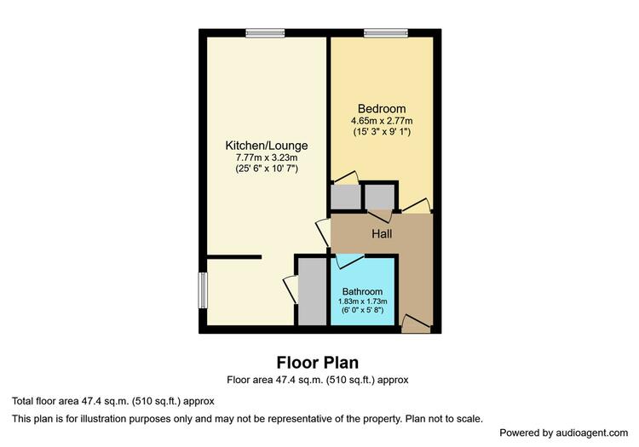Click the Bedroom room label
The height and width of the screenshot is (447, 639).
[382, 109]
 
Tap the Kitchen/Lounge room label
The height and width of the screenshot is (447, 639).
[267, 146]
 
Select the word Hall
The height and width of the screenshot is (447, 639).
[382, 233]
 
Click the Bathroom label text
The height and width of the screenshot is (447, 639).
[362, 291]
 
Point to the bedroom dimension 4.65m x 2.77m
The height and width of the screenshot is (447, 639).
[382, 121]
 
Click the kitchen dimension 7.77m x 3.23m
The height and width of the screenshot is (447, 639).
[267, 158]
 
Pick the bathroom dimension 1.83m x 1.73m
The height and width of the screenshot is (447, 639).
[362, 301]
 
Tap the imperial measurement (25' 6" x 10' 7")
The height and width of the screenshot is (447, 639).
[267, 168]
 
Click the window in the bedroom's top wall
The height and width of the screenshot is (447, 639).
[385, 33]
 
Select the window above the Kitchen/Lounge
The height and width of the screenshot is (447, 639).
[265, 33]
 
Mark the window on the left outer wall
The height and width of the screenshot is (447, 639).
[203, 290]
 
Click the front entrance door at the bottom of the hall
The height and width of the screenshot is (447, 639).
[416, 324]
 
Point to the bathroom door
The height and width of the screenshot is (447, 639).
[349, 261]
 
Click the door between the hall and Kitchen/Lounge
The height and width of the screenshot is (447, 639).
[324, 232]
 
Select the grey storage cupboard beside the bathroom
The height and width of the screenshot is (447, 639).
[312, 291]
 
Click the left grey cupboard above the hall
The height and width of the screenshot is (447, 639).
[346, 197]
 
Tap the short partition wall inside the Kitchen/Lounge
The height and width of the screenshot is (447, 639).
[234, 257]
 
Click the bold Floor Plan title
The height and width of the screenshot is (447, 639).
[318, 363]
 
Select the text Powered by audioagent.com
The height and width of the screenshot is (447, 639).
[564, 433]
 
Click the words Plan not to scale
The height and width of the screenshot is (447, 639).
[444, 419]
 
